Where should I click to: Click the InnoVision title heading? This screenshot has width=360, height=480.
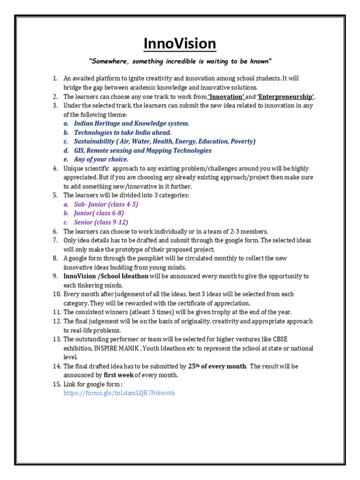(180, 44)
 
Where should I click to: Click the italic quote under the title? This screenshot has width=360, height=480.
(180, 61)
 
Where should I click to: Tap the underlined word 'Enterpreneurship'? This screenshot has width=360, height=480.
(286, 97)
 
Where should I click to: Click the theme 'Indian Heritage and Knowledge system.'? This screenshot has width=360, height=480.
(131, 123)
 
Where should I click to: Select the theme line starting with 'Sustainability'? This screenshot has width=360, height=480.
(164, 142)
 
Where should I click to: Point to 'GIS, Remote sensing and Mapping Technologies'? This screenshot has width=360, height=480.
(142, 150)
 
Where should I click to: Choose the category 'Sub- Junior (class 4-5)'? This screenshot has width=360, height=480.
(106, 204)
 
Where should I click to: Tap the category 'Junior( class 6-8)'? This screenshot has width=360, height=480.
(99, 213)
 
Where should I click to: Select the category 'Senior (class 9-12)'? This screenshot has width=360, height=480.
(101, 222)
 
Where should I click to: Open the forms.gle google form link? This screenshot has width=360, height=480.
(119, 393)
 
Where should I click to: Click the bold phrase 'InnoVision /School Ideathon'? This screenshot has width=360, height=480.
(106, 276)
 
